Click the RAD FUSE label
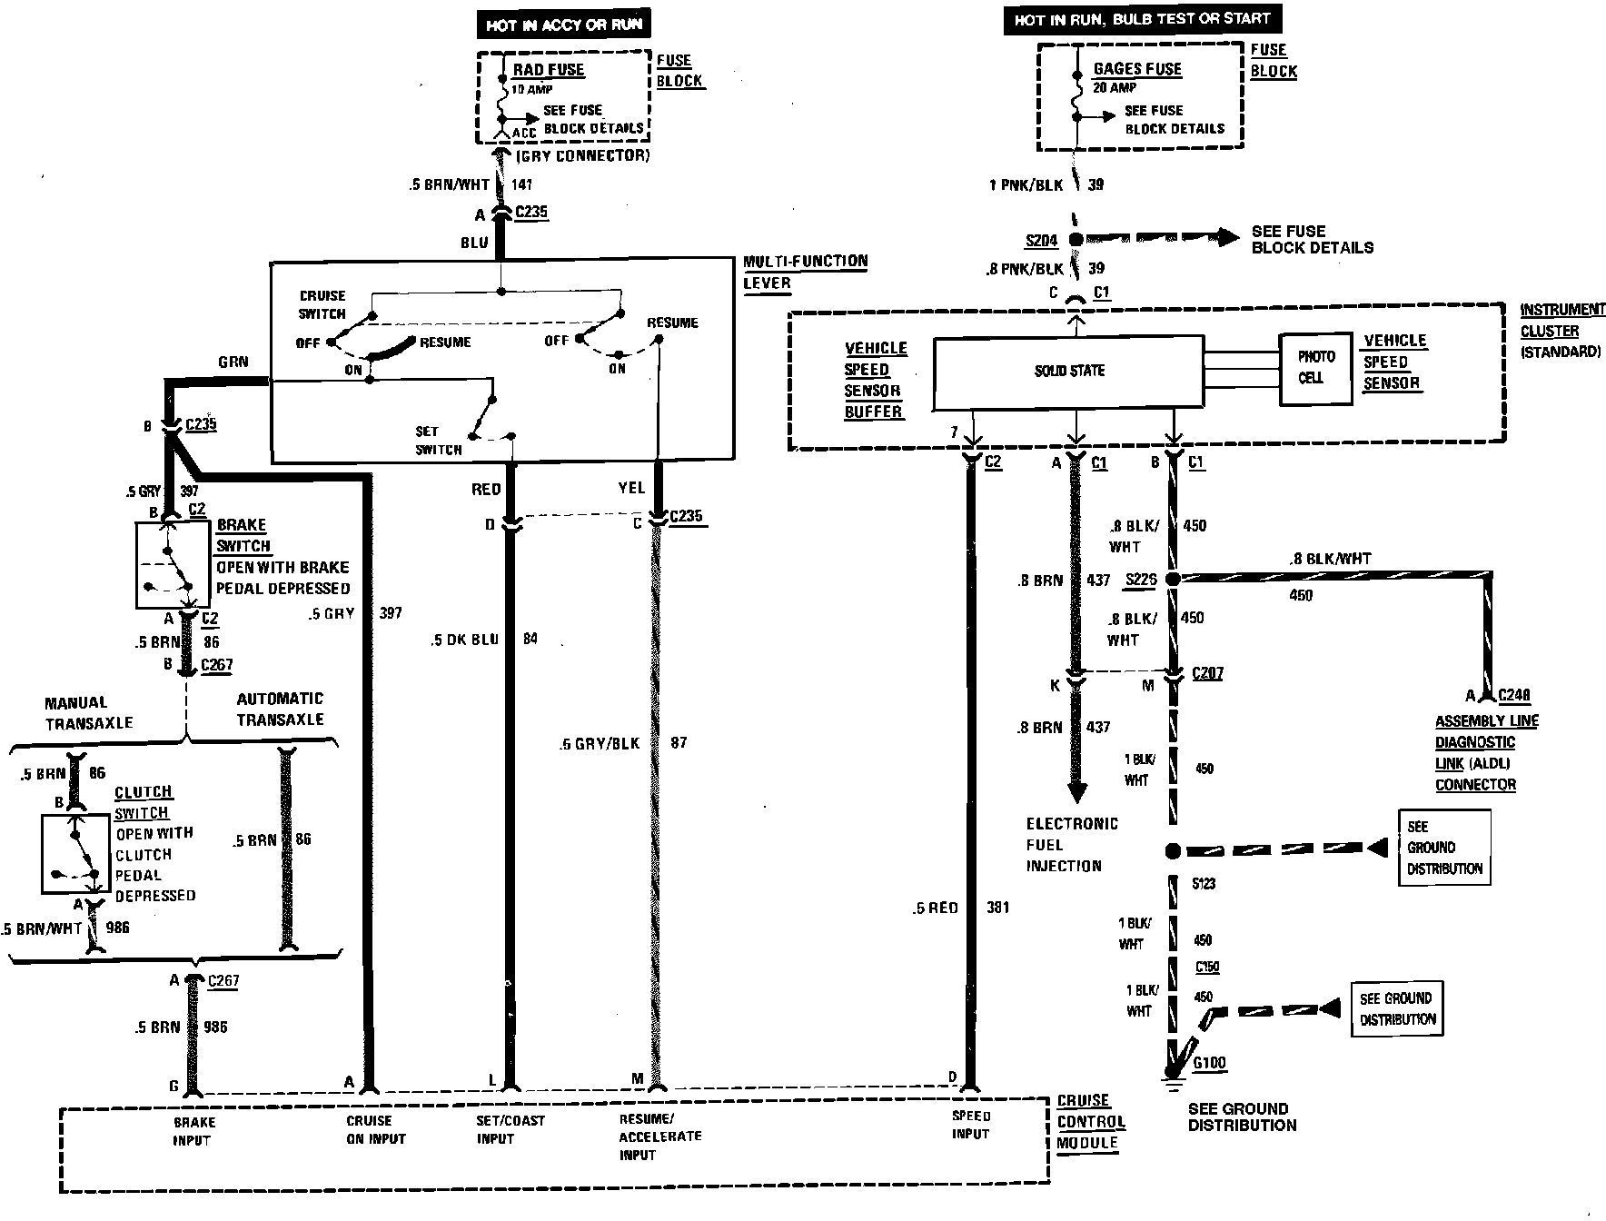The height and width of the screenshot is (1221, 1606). pos(548,70)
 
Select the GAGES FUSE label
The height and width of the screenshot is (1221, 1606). pos(1137,69)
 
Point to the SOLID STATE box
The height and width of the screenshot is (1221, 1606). pos(1068,372)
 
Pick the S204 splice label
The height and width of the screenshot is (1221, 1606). pos(1041,241)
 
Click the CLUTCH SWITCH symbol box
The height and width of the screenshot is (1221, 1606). pos(75,853)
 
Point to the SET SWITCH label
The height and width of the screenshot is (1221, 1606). pos(438,441)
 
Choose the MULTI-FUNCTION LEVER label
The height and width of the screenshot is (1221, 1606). pos(805,272)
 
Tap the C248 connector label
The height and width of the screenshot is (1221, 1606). pos(1514,696)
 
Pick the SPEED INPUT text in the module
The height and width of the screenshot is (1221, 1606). pos(970,1125)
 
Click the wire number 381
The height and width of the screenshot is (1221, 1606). pos(996,908)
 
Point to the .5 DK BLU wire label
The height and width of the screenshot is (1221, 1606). pos(464,640)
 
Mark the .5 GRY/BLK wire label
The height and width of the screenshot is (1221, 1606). pos(599,744)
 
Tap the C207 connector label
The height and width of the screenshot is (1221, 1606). pos(1207,674)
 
